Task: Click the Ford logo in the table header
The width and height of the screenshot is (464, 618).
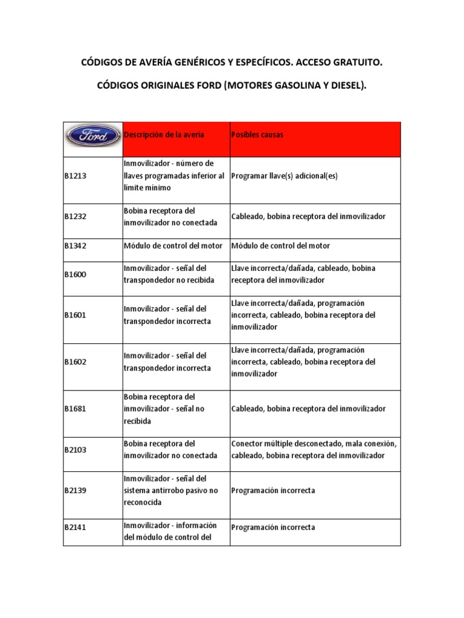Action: (x=92, y=135)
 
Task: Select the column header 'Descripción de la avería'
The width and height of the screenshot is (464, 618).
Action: (x=164, y=135)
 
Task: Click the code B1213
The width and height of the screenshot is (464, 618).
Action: (x=76, y=176)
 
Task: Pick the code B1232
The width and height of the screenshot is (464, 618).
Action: (x=76, y=217)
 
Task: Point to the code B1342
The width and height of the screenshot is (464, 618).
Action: (x=76, y=246)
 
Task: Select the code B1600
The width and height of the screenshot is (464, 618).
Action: (x=76, y=274)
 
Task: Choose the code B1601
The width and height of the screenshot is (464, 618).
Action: (x=76, y=315)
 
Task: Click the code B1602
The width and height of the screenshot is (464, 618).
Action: (x=76, y=362)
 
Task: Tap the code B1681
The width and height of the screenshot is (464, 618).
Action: (x=76, y=409)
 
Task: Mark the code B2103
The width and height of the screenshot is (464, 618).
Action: (x=76, y=450)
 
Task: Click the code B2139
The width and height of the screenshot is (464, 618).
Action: (x=76, y=491)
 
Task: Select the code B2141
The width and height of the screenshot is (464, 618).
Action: (x=76, y=527)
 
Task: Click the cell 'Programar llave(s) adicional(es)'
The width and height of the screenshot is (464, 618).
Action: (x=284, y=176)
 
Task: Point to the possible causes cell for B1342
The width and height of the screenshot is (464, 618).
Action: (x=280, y=246)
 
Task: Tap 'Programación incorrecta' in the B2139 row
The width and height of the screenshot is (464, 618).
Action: (x=273, y=491)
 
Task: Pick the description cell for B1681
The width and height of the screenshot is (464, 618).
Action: (x=164, y=409)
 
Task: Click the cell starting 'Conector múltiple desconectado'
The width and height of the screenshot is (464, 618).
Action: (x=314, y=450)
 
